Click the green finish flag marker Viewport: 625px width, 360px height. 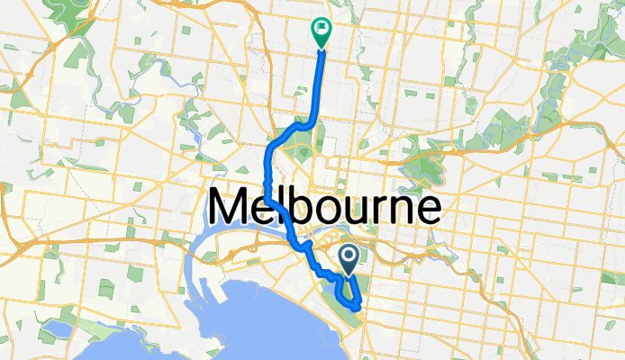coord(321,31)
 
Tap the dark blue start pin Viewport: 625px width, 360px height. coord(349,259)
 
